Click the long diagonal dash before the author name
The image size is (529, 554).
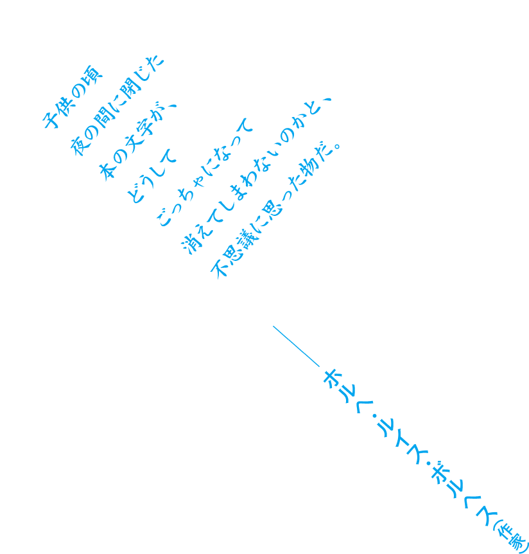point(296,346)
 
